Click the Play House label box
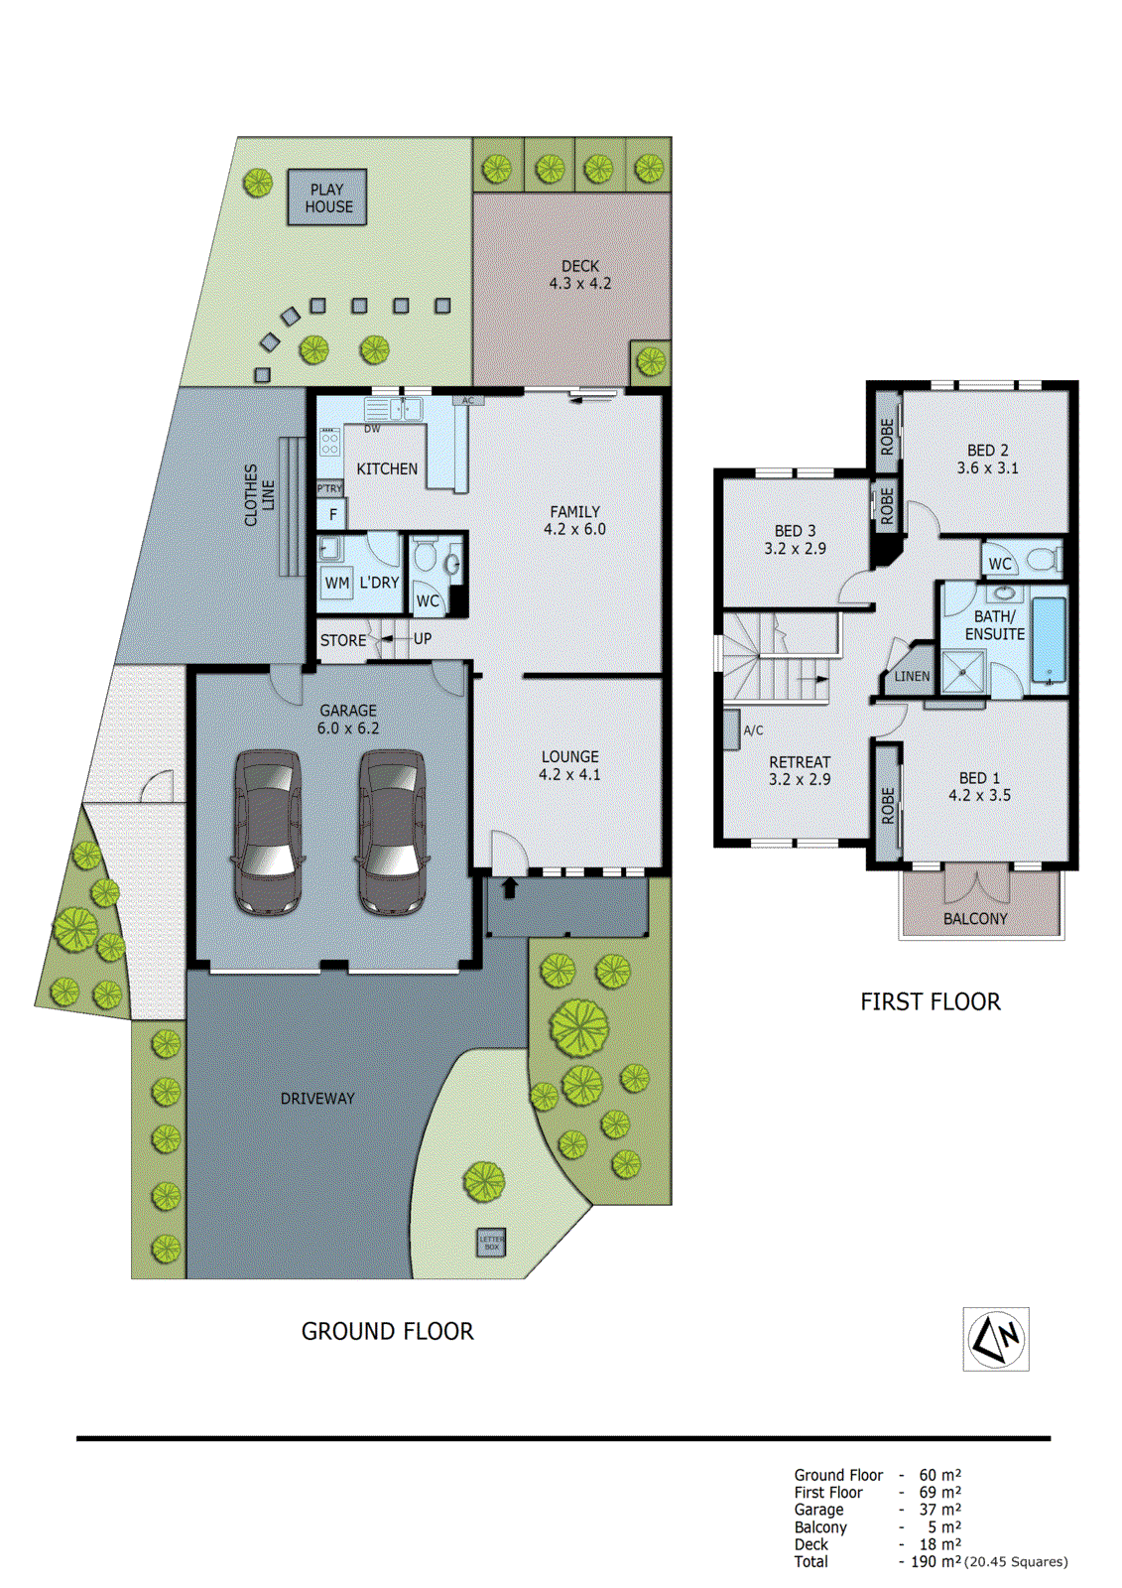tap(327, 198)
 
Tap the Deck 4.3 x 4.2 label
tap(580, 275)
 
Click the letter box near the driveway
tap(491, 1242)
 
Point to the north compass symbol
tap(996, 1339)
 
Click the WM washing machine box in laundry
tap(337, 583)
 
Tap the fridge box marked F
tap(332, 514)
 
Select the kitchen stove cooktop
tap(329, 443)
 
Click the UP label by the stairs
tap(423, 639)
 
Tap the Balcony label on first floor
tap(975, 919)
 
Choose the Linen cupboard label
tap(912, 676)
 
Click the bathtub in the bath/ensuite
tap(1049, 638)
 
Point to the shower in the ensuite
tap(962, 672)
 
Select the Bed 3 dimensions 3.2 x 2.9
tap(795, 548)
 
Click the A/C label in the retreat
tap(754, 730)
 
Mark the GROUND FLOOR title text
tap(387, 1332)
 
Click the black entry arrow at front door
tap(510, 887)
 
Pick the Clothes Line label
tap(259, 494)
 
